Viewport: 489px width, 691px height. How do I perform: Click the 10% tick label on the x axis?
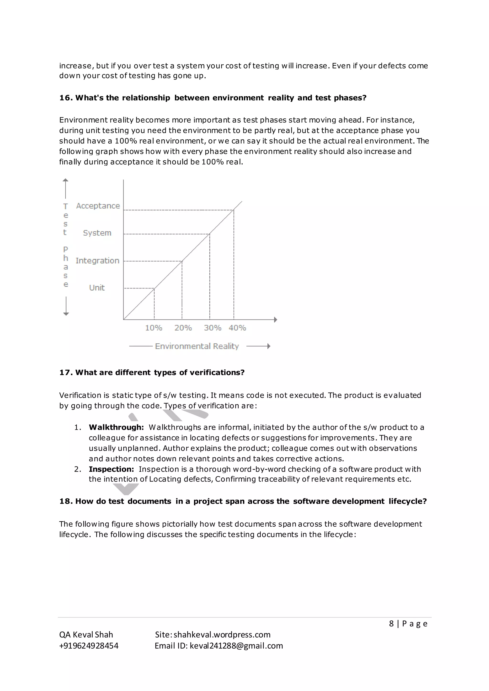154,328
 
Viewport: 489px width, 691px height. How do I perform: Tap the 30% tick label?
213,328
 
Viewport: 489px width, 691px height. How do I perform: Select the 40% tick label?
237,328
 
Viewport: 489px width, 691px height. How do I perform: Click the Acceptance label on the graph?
98,206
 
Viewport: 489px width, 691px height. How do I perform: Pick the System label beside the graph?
97,233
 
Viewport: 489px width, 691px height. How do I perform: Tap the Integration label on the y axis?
97,261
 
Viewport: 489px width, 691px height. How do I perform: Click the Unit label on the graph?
97,288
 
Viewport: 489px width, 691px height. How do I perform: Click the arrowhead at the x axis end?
275,320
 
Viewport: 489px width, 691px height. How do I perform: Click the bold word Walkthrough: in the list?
116,427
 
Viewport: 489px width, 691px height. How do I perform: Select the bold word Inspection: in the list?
111,469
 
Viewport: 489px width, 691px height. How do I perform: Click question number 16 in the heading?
66,98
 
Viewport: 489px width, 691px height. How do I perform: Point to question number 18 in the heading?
66,501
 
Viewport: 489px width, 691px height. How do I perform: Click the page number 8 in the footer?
391,623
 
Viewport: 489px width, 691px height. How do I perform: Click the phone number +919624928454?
89,646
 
